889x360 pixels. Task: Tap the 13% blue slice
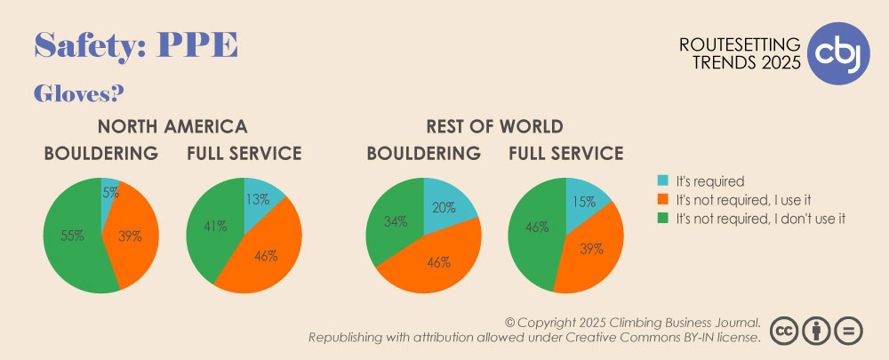point(260,196)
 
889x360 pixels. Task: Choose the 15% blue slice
point(584,198)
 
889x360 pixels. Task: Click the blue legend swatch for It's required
point(663,181)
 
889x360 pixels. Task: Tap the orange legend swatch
point(663,200)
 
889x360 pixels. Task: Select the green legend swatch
point(663,219)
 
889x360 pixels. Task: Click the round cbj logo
point(838,53)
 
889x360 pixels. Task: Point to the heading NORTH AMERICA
point(172,126)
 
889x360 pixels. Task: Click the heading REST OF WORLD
point(494,126)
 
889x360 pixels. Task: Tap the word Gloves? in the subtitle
point(79,93)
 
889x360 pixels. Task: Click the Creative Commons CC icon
point(784,330)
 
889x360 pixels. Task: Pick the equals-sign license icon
point(849,330)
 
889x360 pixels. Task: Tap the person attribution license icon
point(816,330)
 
